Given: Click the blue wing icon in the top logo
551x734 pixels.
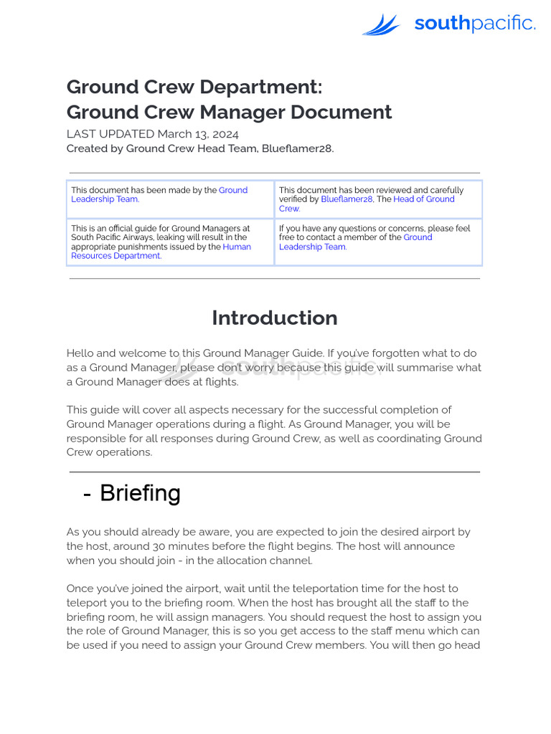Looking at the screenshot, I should tap(381, 25).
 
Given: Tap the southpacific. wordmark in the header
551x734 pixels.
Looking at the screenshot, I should tap(474, 24).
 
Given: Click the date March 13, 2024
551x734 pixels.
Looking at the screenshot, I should tap(198, 134).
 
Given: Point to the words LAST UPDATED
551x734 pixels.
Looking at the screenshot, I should tap(110, 134).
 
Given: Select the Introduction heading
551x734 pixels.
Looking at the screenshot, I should tap(274, 318).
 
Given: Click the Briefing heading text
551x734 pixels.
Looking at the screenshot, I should tap(140, 493).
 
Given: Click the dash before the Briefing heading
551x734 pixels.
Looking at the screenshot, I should tap(87, 494).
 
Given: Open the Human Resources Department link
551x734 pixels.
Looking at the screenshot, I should tap(161, 251).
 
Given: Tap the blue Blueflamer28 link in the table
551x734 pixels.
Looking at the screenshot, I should tap(347, 199).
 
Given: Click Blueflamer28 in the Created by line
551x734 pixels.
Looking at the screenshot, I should tap(298, 148).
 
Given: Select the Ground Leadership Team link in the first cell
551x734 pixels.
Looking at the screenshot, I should tap(159, 194).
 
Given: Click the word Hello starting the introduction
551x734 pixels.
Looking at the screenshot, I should tap(80, 353).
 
